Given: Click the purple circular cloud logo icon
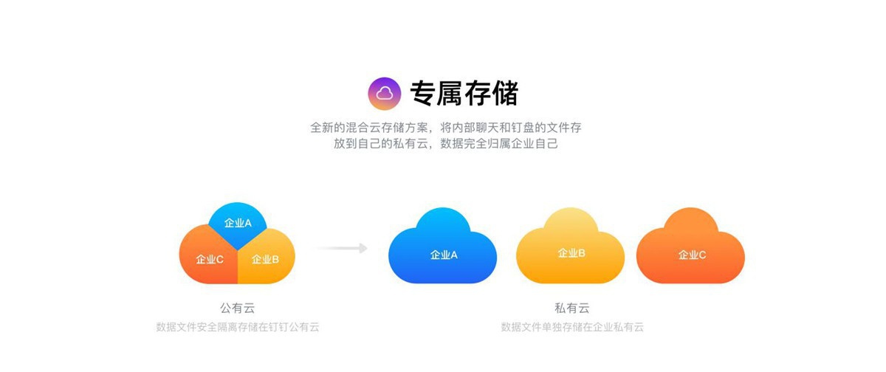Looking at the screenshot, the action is click(385, 94).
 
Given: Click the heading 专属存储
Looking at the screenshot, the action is click(464, 94).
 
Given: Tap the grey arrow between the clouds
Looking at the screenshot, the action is click(343, 248).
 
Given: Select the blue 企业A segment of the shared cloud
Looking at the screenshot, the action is click(237, 225).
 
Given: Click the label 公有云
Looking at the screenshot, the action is click(237, 308).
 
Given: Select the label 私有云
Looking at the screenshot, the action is click(572, 308).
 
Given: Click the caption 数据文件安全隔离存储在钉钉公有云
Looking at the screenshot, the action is click(237, 327).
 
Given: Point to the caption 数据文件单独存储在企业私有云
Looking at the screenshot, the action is click(572, 327).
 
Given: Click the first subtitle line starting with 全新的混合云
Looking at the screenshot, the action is click(446, 128).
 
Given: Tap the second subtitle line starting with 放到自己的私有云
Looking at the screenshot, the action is click(446, 143).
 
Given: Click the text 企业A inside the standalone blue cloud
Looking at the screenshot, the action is click(444, 255).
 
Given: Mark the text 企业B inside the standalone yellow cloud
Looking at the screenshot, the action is click(571, 253).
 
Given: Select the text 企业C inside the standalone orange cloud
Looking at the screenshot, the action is click(692, 255).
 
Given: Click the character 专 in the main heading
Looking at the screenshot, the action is click(423, 94).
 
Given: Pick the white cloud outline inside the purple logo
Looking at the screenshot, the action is click(385, 94).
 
